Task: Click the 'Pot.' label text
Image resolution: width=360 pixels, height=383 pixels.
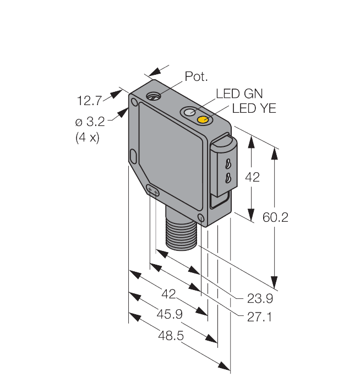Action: (195, 76)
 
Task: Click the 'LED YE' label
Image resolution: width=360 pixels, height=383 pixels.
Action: (254, 108)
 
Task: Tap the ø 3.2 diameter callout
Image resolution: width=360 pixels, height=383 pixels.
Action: (91, 121)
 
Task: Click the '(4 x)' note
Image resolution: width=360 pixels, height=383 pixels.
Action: (87, 137)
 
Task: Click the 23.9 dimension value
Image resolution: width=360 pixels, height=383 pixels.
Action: (260, 299)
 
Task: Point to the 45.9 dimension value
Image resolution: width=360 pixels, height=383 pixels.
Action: (170, 314)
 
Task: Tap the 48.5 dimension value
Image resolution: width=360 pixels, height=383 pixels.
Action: (170, 335)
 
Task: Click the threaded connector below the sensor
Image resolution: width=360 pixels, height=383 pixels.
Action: (181, 231)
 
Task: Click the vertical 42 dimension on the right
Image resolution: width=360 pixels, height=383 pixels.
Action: (251, 177)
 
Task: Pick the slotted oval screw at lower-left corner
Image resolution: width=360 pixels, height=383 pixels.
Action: (154, 191)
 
